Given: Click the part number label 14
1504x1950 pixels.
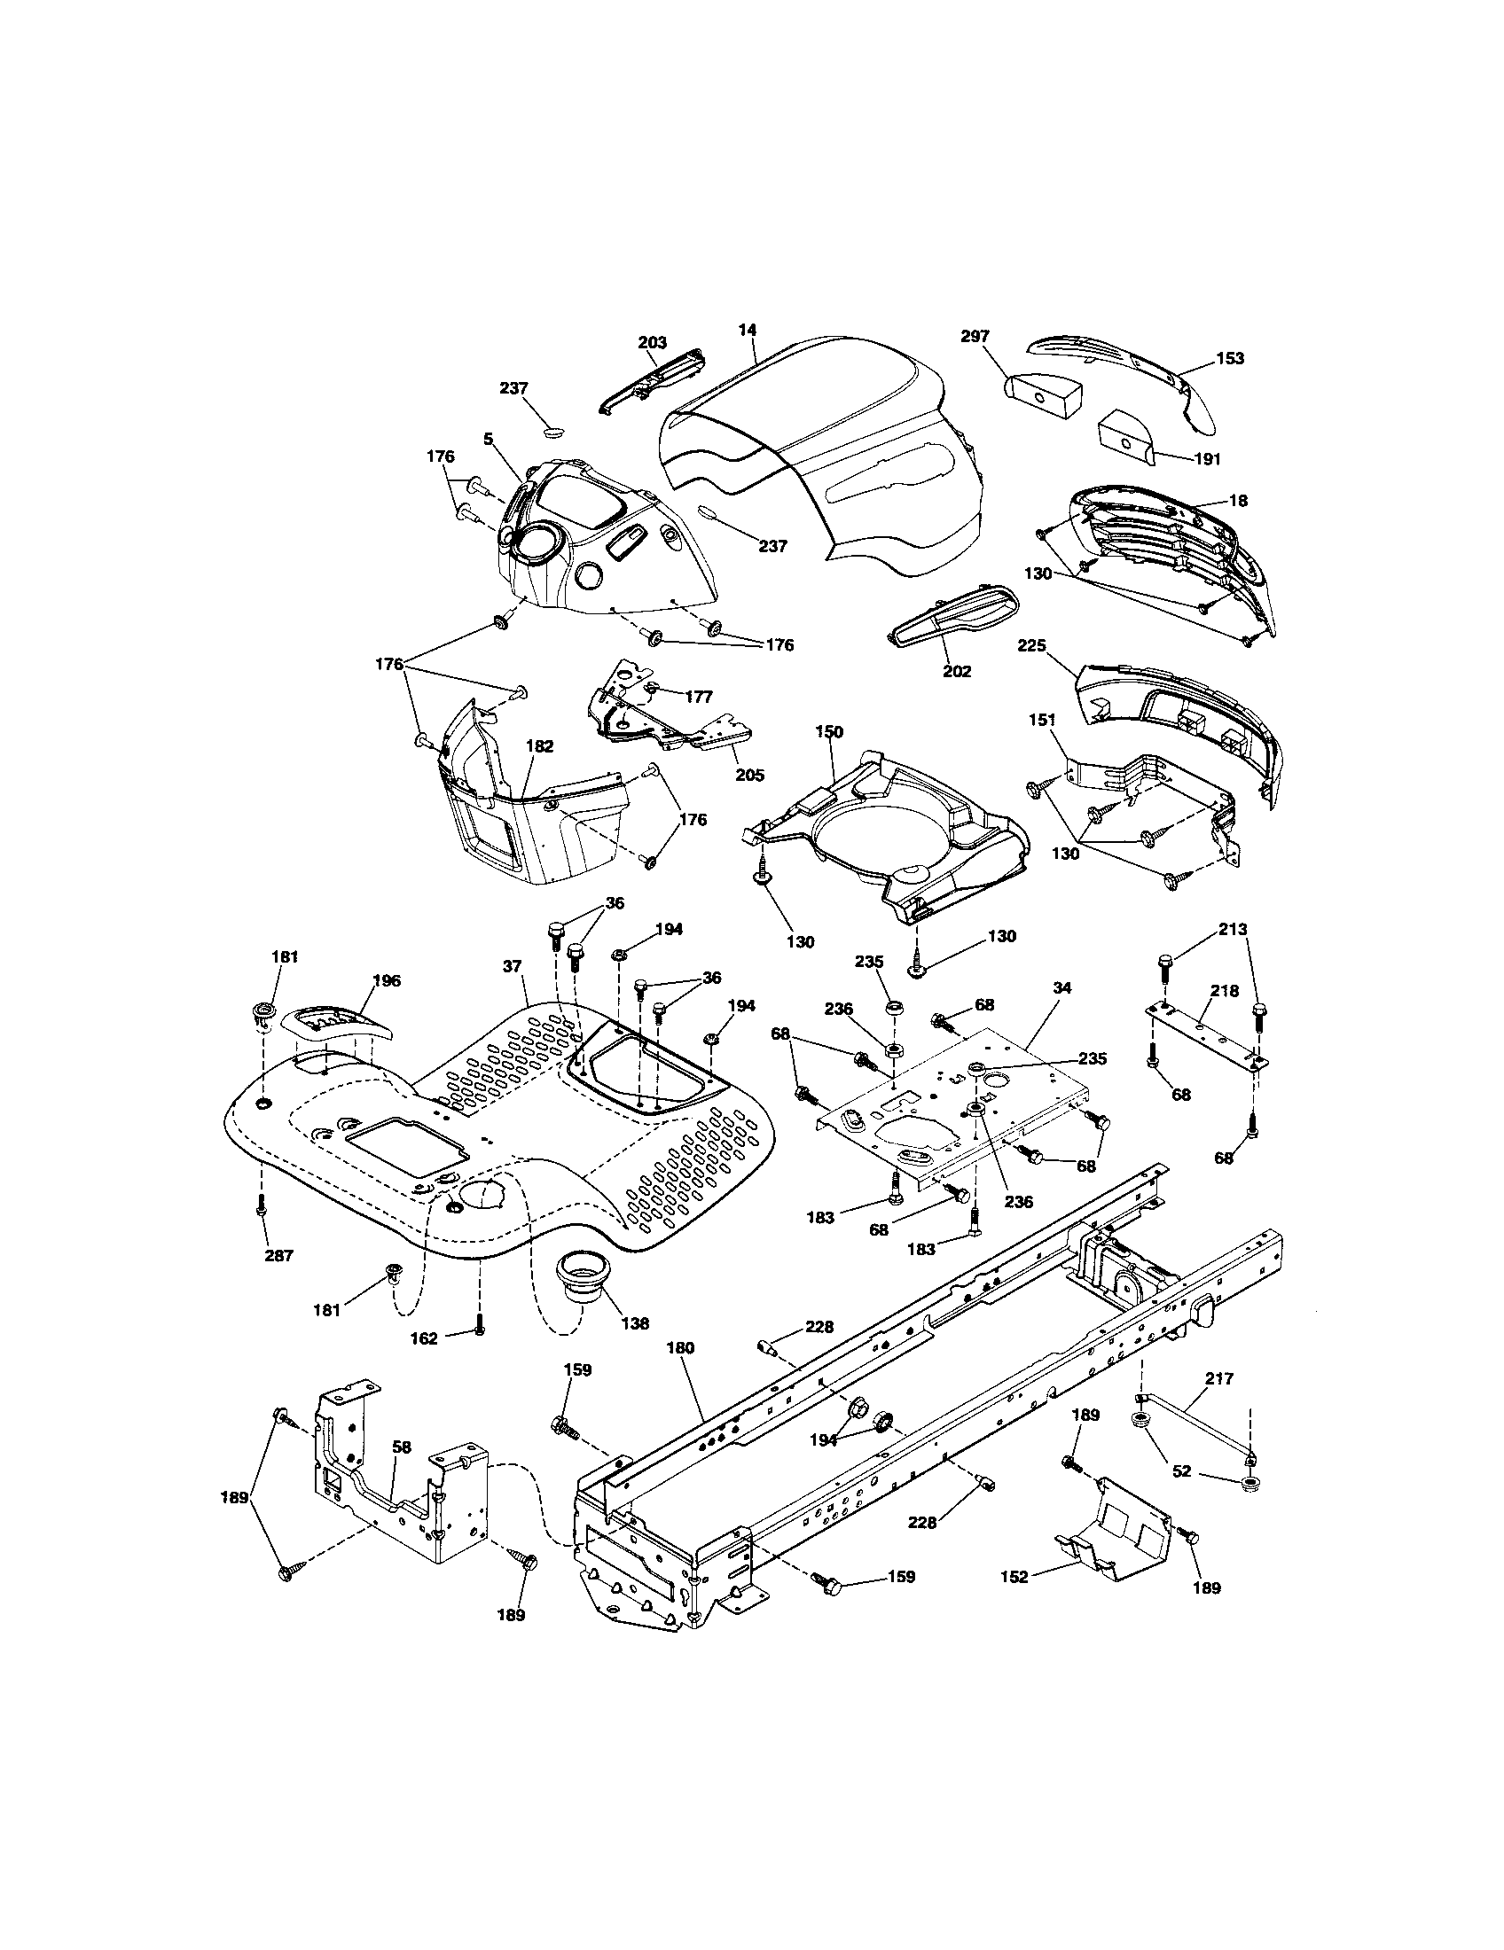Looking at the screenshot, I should [x=747, y=330].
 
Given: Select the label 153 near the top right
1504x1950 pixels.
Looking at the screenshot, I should [x=1229, y=358].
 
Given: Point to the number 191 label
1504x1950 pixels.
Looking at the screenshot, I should [x=1206, y=459].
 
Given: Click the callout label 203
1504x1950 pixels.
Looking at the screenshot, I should [x=652, y=343].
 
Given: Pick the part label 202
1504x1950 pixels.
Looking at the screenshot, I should [x=957, y=671].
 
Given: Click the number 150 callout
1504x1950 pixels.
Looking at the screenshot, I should [x=829, y=731].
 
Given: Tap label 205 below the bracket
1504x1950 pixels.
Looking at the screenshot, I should [x=749, y=775].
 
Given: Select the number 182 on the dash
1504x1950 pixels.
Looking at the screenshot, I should [x=539, y=746].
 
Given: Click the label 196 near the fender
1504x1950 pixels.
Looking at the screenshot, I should [x=386, y=980].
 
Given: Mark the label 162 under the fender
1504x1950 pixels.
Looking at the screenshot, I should [x=424, y=1363].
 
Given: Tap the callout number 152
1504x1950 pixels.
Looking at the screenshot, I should [x=1014, y=1578].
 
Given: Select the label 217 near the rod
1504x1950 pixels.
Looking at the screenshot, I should [x=1218, y=1378].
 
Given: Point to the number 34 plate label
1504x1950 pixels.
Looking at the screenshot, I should [x=1061, y=988].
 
